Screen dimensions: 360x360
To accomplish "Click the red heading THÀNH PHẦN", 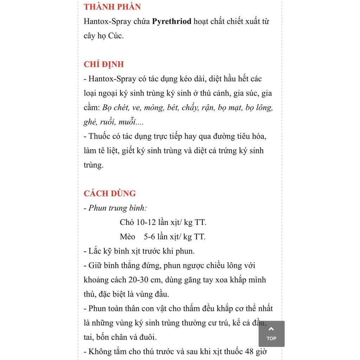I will [x=112, y=7].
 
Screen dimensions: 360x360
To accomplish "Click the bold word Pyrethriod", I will [x=172, y=21].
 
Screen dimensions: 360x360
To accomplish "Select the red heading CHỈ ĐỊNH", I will [x=104, y=64].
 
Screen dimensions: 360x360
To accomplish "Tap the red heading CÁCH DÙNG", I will [x=110, y=193].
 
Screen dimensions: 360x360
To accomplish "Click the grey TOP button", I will [x=271, y=334].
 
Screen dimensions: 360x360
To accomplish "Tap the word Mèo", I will [x=127, y=237].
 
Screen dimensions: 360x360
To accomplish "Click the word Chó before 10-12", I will [x=126, y=222].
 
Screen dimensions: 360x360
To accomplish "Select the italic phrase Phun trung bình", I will [x=117, y=208].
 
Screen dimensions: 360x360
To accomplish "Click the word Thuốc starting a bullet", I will [x=100, y=136].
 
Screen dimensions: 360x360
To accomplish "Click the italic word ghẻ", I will [x=90, y=122].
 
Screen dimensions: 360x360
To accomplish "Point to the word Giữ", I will [x=95, y=265].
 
